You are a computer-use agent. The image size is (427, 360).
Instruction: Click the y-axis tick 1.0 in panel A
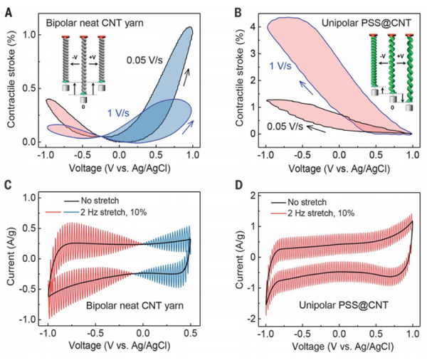[x=31, y=33]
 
